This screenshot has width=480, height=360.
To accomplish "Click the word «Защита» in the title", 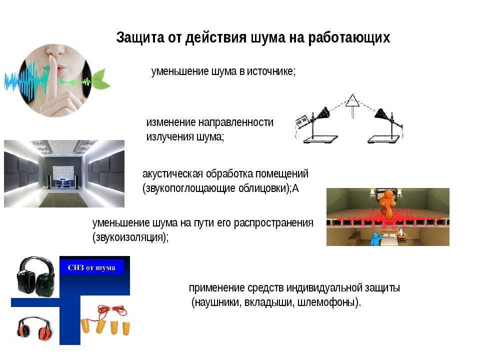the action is (140, 37).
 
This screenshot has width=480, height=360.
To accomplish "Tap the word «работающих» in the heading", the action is (349, 38).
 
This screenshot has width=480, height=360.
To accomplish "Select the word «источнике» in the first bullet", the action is (271, 71).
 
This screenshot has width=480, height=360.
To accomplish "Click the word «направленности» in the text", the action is (236, 122).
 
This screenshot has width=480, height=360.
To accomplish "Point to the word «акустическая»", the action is (172, 174).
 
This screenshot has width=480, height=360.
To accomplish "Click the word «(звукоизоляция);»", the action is (130, 237).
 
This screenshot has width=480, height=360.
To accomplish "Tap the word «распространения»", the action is (273, 223).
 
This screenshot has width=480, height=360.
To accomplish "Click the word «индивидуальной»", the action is (324, 288).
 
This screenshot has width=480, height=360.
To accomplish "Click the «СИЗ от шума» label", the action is (91, 267).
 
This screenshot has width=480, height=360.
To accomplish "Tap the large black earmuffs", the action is (36, 276).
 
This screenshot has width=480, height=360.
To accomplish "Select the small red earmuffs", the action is (34, 328).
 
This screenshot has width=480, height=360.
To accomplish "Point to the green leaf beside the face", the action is (100, 79).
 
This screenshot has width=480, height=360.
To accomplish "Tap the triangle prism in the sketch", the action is (352, 100).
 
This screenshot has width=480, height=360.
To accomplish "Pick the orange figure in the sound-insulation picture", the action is (387, 204).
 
